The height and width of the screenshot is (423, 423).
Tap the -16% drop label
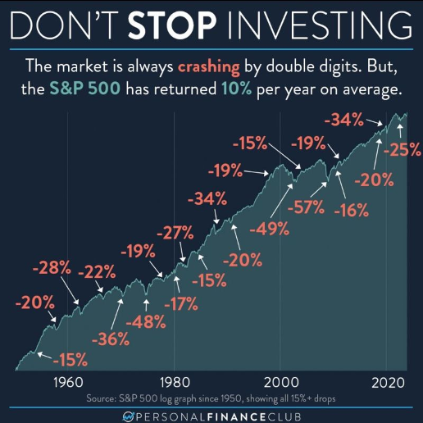pyautogui.click(x=352, y=209)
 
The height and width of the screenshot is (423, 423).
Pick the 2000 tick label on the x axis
pyautogui.click(x=279, y=381)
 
